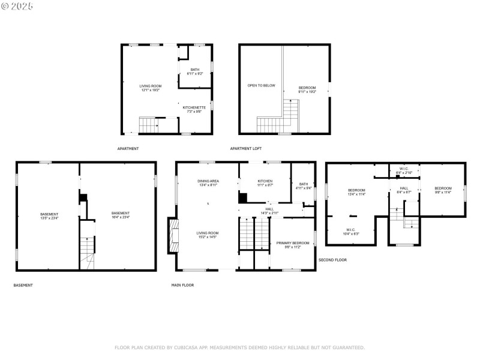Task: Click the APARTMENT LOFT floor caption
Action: point(246,148)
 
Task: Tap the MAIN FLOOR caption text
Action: point(182,285)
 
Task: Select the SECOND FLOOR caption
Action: point(332,260)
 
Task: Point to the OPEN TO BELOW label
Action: point(261,85)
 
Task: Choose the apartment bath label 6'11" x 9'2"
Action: point(195,71)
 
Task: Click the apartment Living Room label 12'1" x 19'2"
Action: point(151,88)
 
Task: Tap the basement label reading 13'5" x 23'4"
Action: point(49,216)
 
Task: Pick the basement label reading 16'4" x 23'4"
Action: point(121,215)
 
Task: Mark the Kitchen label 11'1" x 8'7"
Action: point(265,183)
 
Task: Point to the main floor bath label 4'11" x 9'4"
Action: point(304,186)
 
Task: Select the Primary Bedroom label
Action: point(292,245)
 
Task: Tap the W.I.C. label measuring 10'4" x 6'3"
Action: point(350,232)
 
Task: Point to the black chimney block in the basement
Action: point(83,197)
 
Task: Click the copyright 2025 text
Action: point(17,5)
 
